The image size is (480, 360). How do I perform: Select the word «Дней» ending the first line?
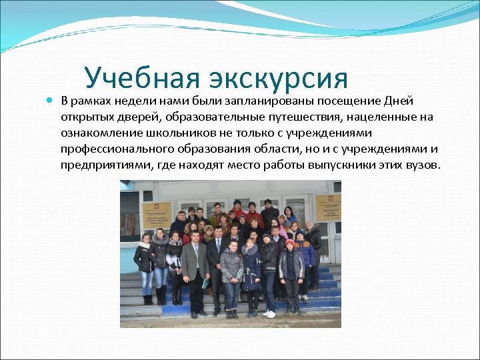(x=399, y=101)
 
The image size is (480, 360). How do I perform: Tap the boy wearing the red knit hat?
(x=289, y=245)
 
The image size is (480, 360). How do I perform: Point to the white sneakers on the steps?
(x=269, y=313)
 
